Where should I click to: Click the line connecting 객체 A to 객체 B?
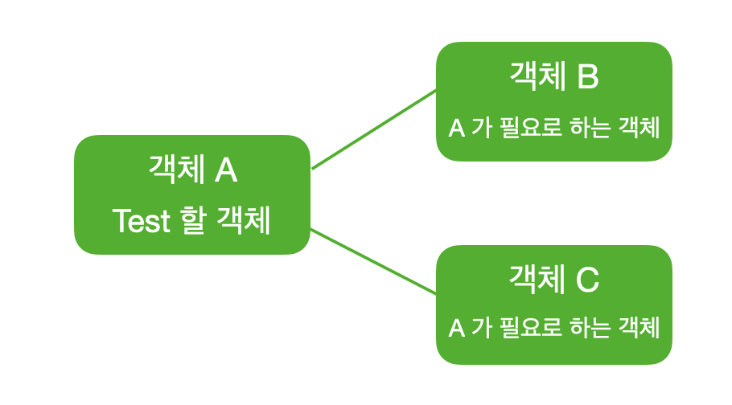[x=374, y=129]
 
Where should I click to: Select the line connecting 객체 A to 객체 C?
[x=374, y=261]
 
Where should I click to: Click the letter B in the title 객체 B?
[x=587, y=77]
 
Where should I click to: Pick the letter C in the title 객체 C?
[x=587, y=280]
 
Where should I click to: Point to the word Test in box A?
[x=142, y=221]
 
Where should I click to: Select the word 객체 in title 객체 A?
[x=174, y=170]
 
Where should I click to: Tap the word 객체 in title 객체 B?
[x=537, y=77]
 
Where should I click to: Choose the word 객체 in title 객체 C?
[x=537, y=280]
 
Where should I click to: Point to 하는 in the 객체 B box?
[x=590, y=128]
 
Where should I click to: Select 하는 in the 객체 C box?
[x=590, y=328]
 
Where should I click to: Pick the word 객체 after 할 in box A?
[x=245, y=221]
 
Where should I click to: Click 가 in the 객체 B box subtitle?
[x=480, y=128]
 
